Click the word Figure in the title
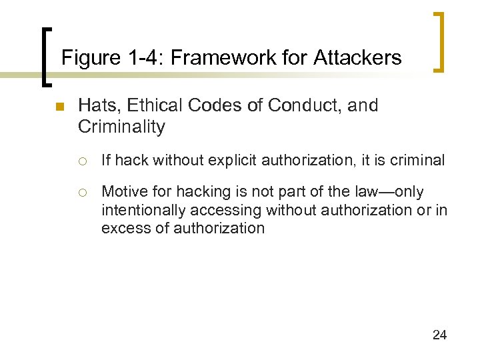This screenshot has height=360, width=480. point(87,59)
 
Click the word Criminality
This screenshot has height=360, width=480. point(121,127)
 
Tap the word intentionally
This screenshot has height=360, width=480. point(148,211)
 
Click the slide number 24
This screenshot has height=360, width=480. point(439,335)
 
